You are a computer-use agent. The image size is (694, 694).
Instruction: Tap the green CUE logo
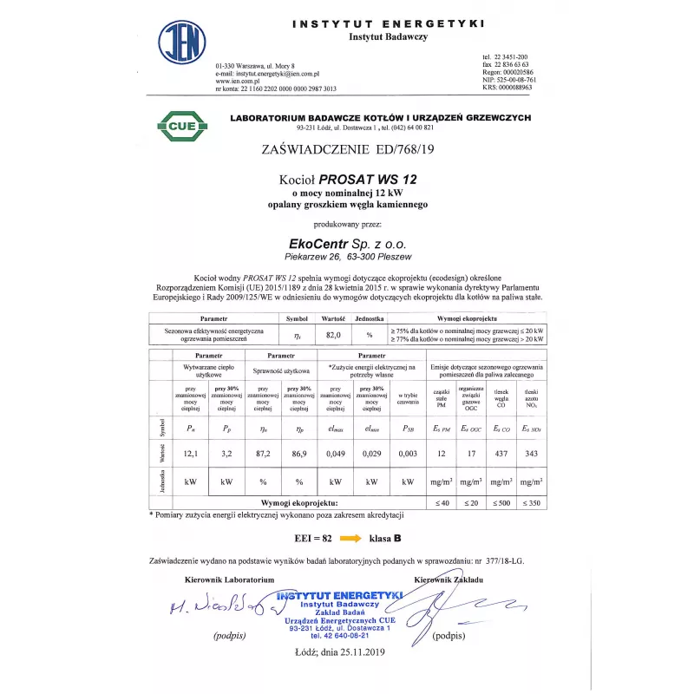tap(182, 127)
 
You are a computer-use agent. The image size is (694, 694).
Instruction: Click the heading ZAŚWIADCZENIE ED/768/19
tap(347, 149)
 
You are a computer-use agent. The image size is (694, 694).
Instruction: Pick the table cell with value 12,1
tap(189, 454)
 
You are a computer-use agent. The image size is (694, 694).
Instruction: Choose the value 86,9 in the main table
tap(298, 454)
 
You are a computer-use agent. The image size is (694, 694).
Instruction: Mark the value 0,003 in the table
tap(408, 454)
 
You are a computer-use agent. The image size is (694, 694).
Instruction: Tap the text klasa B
tap(386, 538)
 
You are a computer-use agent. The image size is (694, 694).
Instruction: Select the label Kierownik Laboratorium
tap(230, 579)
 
